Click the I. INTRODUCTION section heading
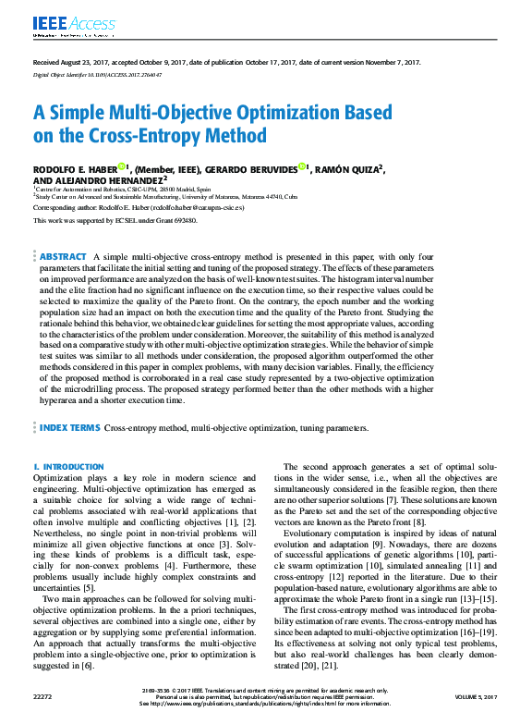68,467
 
